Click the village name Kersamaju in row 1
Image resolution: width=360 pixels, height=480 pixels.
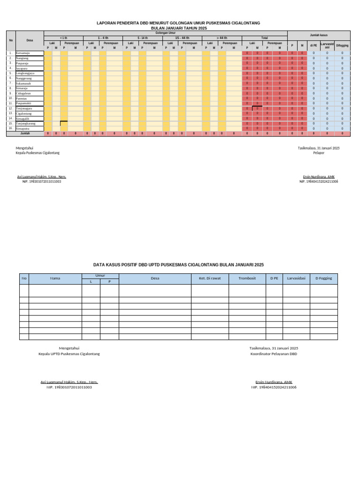click(22, 53)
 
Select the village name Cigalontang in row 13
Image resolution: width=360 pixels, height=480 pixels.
click(24, 113)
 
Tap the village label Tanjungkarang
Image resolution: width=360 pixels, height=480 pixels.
click(26, 123)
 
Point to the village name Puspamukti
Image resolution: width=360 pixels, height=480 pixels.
click(23, 103)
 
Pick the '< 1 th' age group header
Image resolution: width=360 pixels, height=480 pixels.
click(63, 37)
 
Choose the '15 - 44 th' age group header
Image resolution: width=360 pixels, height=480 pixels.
click(182, 37)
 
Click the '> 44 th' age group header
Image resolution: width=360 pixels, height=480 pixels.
click(222, 37)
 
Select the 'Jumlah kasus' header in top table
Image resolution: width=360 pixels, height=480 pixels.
click(318, 35)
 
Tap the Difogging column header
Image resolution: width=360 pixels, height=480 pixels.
click(342, 45)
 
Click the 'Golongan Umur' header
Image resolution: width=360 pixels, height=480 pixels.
click(165, 33)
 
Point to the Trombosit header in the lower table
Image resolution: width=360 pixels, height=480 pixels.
click(247, 278)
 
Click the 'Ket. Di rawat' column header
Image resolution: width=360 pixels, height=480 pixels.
click(210, 278)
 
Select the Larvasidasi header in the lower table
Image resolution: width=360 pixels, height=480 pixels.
click(296, 278)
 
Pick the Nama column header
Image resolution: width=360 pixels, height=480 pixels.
click(55, 278)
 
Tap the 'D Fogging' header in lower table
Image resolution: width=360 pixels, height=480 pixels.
click(323, 278)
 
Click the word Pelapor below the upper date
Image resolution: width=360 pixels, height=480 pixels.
click(319, 153)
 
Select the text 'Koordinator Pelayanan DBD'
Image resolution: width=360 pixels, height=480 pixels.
click(274, 354)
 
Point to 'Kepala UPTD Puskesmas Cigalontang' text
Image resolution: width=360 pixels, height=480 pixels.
click(69, 354)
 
